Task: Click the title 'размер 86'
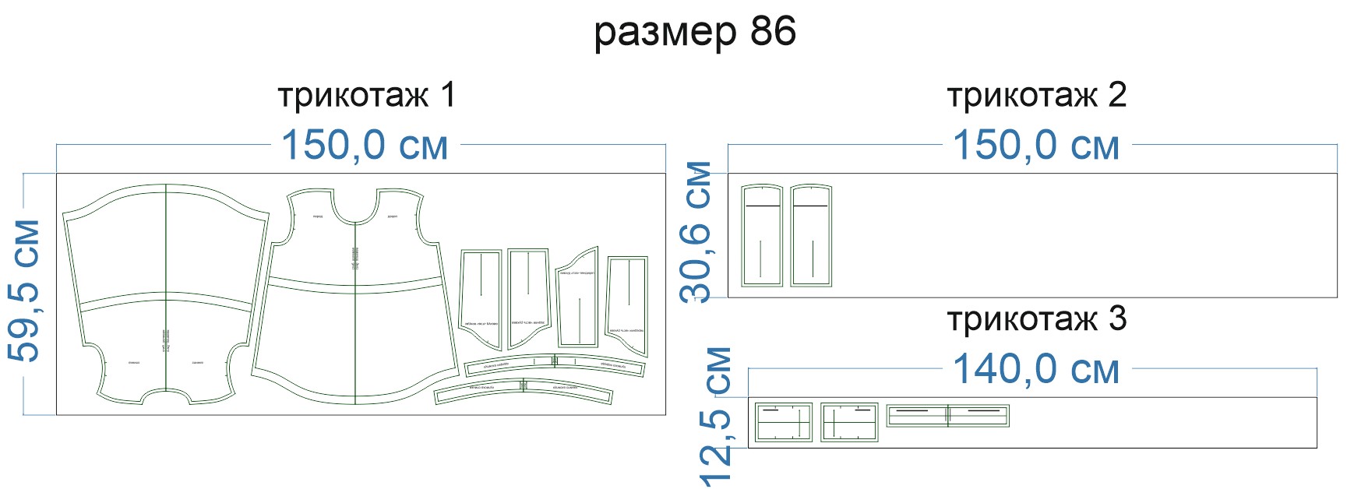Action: click(x=695, y=32)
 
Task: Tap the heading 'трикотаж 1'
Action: click(x=366, y=96)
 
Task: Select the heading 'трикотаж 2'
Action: click(x=1036, y=96)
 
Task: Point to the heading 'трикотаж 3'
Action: click(x=1036, y=319)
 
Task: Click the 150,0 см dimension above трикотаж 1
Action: click(x=365, y=146)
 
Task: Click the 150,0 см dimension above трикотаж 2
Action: click(x=1036, y=146)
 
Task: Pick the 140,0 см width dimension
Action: click(x=1036, y=369)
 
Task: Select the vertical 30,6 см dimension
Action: click(x=696, y=231)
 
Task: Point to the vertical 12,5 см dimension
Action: click(x=717, y=417)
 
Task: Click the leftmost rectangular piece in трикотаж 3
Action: click(x=783, y=423)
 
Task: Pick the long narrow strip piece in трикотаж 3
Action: click(x=947, y=415)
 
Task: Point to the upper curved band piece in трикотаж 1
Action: click(x=555, y=365)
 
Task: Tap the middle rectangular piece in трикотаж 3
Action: click(x=849, y=423)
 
